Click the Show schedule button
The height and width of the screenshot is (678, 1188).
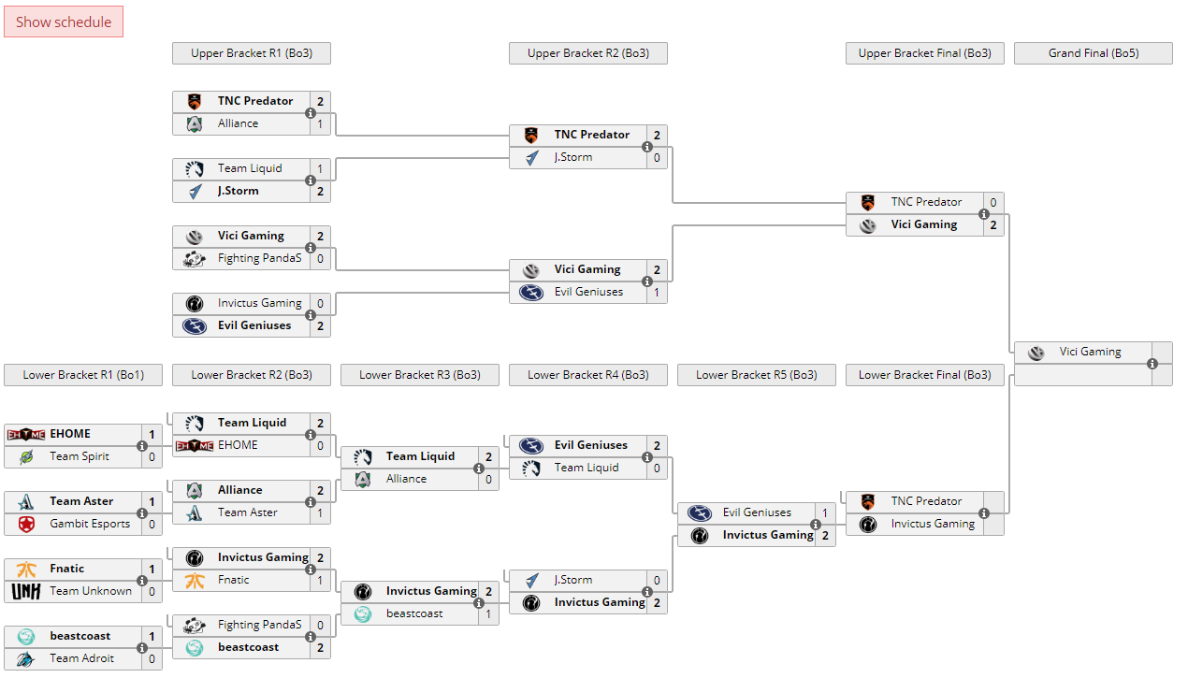[x=64, y=22]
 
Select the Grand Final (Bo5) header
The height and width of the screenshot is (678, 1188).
[x=1093, y=53]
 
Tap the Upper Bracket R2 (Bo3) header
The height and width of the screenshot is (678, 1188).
[x=587, y=53]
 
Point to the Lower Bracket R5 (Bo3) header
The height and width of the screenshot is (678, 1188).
[x=756, y=375]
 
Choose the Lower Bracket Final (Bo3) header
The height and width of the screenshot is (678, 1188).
[x=924, y=375]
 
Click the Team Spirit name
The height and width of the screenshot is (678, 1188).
[x=80, y=456]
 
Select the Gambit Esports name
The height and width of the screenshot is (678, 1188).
[x=90, y=524]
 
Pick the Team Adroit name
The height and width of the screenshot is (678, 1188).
[x=82, y=658]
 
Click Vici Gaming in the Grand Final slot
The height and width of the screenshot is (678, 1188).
[x=1090, y=352]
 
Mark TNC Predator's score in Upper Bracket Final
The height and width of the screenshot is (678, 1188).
[x=992, y=202]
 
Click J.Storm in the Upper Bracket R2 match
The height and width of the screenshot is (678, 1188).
[x=572, y=157]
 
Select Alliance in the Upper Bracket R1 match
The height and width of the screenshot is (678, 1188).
[x=238, y=123]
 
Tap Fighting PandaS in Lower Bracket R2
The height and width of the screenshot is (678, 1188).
[x=259, y=625]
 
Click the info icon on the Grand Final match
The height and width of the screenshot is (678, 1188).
[x=1152, y=364]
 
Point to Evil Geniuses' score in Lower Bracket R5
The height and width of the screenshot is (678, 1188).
[x=824, y=512]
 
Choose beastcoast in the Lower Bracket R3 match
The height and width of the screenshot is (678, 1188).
[x=414, y=613]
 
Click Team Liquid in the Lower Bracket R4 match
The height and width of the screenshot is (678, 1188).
[x=586, y=468]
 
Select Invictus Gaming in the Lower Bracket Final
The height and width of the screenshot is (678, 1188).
[x=932, y=524]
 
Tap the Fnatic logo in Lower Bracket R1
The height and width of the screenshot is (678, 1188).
[x=26, y=569]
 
